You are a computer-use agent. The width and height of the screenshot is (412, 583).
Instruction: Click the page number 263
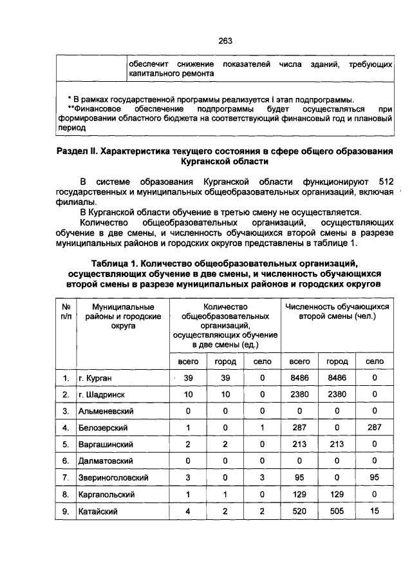pos(225,41)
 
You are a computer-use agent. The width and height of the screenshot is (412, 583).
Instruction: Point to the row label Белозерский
pos(103,427)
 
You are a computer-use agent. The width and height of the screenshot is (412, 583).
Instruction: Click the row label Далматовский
pos(106,461)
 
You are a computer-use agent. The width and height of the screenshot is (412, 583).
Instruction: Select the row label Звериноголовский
pos(113,477)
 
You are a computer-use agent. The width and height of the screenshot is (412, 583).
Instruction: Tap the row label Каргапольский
pos(108,494)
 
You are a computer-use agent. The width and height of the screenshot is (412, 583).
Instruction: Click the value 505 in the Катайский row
pos(337,511)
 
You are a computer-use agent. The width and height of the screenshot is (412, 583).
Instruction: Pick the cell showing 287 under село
pos(375,427)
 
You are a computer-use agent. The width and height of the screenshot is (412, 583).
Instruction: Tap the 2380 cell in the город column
pos(337,394)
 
